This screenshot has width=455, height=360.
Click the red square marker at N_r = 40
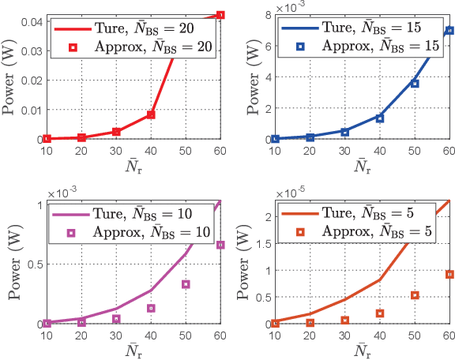(x=150, y=114)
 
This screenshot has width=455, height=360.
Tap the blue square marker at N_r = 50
(x=414, y=83)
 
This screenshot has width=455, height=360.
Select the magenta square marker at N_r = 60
(x=220, y=245)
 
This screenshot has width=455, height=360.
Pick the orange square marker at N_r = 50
(x=414, y=295)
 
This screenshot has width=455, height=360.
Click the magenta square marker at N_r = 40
(x=150, y=308)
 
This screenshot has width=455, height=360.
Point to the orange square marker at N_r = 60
(x=449, y=274)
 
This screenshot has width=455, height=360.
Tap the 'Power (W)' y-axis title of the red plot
(x=9, y=77)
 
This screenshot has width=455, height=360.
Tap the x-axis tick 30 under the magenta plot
(x=115, y=336)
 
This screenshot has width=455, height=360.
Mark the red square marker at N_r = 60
(x=220, y=15)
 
